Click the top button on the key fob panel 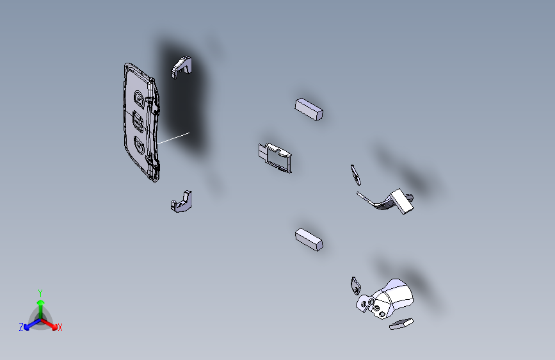click(139, 99)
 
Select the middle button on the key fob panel click(138, 122)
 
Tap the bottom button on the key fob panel click(139, 145)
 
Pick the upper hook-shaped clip click(182, 67)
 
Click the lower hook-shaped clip click(182, 202)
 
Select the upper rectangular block click(309, 109)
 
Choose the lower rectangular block click(309, 240)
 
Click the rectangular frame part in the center click(275, 158)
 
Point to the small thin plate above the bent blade click(356, 175)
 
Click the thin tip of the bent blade click(358, 194)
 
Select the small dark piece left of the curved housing click(356, 286)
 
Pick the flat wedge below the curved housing click(401, 324)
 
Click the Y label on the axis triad click(40, 293)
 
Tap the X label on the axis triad click(60, 328)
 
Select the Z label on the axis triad click(21, 327)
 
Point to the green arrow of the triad click(41, 309)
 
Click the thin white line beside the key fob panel click(173, 138)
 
